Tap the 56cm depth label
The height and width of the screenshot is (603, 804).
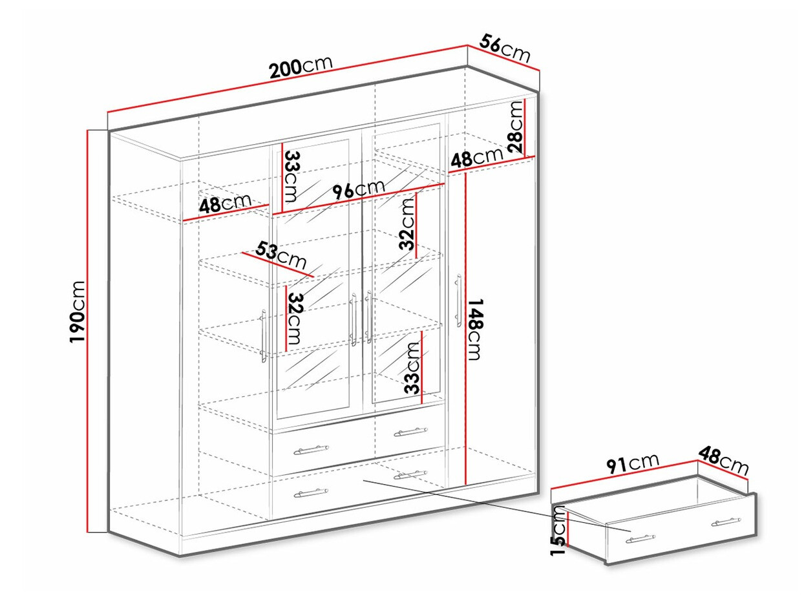pos(505,48)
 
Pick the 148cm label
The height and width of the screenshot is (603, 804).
pos(475,330)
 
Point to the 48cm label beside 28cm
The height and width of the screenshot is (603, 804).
pos(477,158)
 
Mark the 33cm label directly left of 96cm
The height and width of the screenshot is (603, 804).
pos(292,176)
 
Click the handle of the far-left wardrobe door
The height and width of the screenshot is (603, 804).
pos(264,335)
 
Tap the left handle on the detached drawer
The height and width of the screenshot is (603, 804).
pos(640,537)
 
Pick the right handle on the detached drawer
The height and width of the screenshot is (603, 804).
pos(725,522)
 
